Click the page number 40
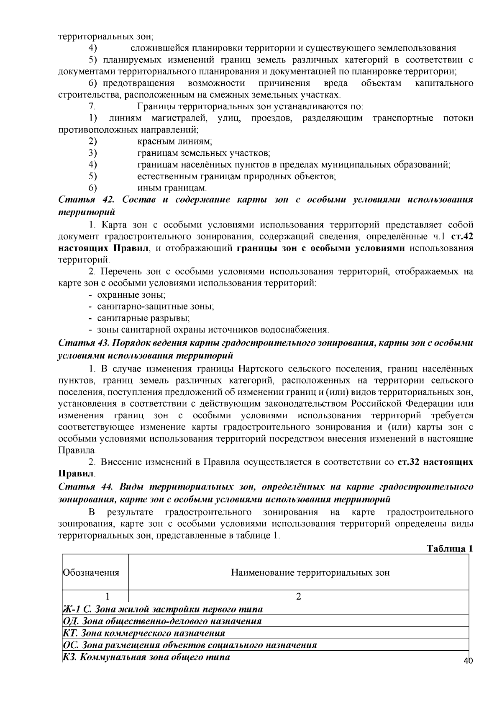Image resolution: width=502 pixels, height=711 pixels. point(468,661)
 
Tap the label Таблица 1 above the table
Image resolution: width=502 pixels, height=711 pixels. point(449,549)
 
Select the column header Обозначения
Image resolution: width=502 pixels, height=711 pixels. point(91,572)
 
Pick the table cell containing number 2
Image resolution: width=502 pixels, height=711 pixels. point(298,596)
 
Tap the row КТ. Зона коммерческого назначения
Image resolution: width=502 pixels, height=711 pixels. point(144,633)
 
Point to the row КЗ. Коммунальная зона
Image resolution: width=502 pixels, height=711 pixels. point(146,657)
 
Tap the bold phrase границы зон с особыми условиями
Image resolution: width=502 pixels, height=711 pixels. point(320,248)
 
